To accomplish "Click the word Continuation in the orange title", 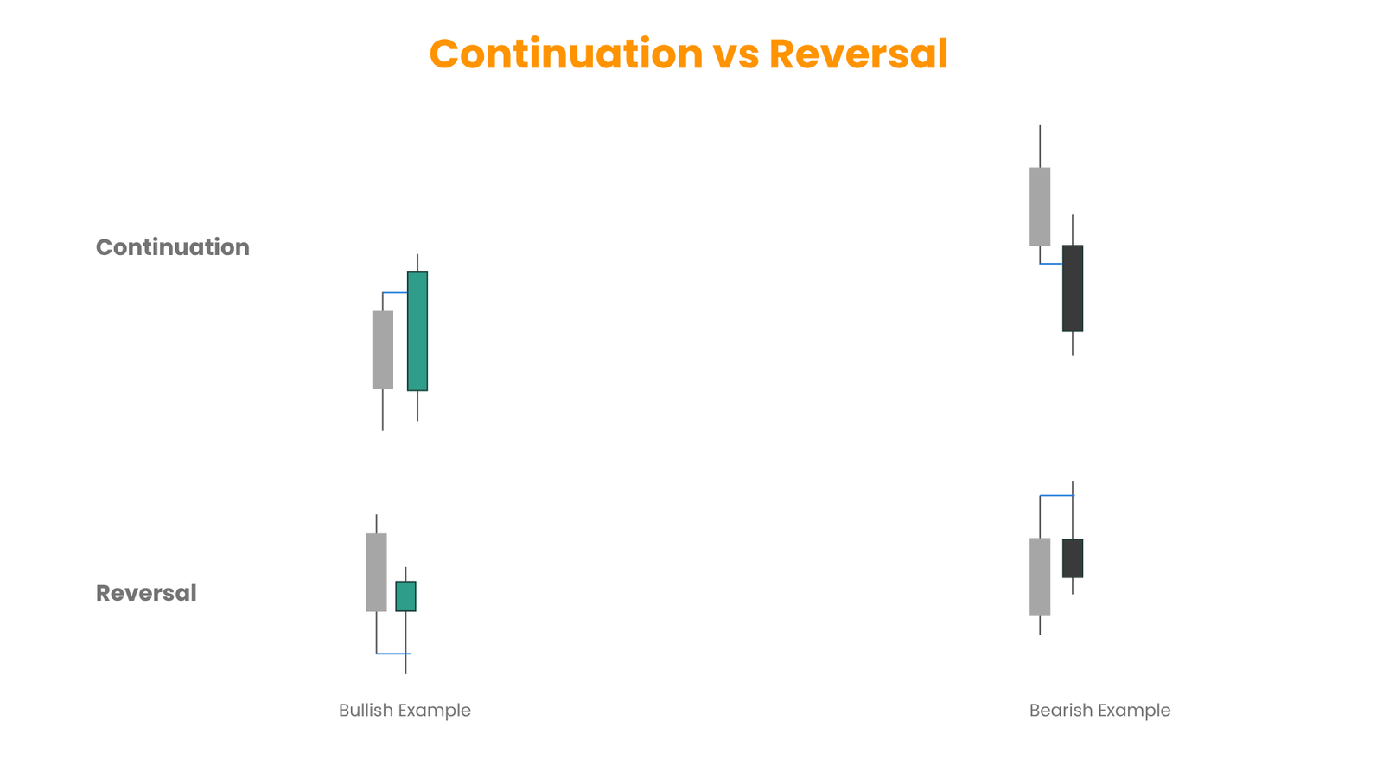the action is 566,54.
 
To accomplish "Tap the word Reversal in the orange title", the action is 858,54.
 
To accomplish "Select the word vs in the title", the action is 736,57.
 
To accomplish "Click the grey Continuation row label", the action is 173,247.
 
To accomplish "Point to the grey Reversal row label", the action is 146,593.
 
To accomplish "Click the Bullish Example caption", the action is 405,710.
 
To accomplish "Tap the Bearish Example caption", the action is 1099,710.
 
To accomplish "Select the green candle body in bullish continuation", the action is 417,331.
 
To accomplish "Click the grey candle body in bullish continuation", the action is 383,349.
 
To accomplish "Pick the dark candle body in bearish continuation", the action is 1073,289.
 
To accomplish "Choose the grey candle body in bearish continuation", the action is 1040,207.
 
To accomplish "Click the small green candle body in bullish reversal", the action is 405,596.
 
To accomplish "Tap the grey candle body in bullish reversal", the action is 377,572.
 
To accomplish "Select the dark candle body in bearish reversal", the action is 1073,558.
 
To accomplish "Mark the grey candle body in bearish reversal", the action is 1040,577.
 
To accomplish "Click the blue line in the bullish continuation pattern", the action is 395,293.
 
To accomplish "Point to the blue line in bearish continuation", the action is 1051,264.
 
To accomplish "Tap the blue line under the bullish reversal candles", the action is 394,654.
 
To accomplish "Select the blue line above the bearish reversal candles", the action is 1057,496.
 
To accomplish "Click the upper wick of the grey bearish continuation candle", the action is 1040,146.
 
